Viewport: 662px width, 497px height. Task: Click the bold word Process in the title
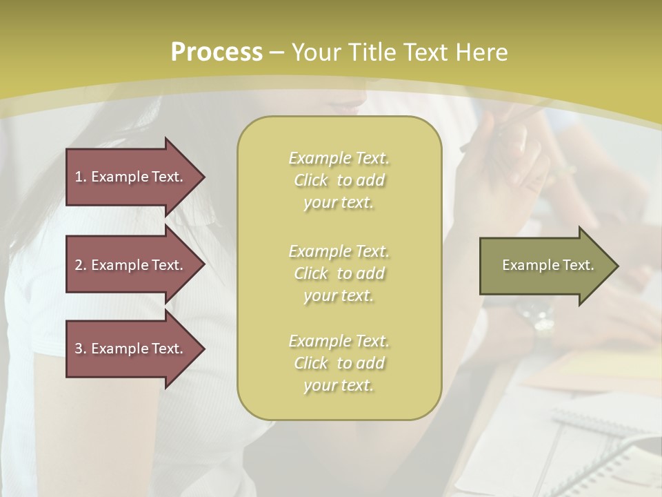click(217, 52)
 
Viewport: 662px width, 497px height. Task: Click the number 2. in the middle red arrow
click(81, 265)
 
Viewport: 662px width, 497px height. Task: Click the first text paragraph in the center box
click(339, 180)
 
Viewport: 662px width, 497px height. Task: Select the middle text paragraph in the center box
click(339, 273)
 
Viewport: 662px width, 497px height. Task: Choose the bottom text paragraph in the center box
click(339, 363)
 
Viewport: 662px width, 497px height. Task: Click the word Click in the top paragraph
click(311, 180)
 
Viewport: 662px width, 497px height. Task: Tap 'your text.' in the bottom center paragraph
click(339, 386)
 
